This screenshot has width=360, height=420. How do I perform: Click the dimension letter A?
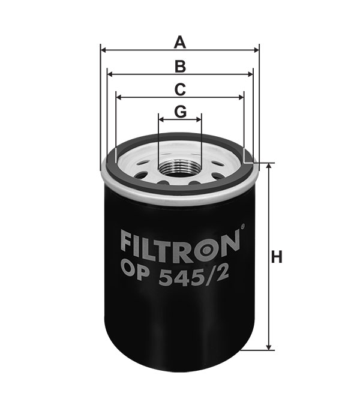[180, 43]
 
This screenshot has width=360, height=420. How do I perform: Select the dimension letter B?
[180, 67]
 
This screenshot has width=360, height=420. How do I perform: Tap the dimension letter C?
[180, 90]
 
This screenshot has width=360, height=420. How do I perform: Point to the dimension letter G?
[180, 112]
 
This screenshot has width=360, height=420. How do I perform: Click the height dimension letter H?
[277, 257]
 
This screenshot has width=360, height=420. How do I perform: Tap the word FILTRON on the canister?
[180, 246]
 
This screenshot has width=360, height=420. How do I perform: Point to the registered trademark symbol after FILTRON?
[242, 227]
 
